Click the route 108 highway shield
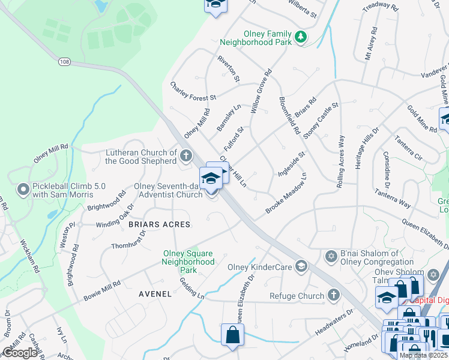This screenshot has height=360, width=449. [x=65, y=61]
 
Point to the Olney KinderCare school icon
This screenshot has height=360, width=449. [x=301, y=266]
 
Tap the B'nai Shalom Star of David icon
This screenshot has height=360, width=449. [x=330, y=257]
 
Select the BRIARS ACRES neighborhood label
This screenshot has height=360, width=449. [x=159, y=224]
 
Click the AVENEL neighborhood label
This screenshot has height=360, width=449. [x=155, y=294]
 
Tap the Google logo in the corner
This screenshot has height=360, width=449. [x=20, y=352]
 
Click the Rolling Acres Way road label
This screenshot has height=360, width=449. [x=341, y=164]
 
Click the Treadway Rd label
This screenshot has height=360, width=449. [x=381, y=8]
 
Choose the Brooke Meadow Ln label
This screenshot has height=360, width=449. [x=286, y=193]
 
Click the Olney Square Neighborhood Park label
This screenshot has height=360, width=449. [x=188, y=262]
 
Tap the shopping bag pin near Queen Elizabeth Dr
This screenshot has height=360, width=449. [x=232, y=335]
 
